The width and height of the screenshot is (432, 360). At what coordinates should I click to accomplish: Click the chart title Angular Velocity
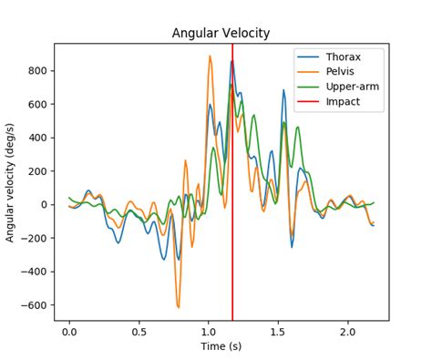point(221,34)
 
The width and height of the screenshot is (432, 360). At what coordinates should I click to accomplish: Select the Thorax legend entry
point(344,56)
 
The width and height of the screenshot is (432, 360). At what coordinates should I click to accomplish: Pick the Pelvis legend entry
point(342,71)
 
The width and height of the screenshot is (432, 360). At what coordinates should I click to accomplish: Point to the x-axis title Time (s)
point(221,346)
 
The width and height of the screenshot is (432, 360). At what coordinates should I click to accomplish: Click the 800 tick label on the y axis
point(37,71)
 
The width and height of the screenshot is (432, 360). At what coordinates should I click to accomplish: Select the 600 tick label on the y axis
point(37,105)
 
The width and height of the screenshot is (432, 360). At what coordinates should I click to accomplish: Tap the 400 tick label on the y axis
point(37,139)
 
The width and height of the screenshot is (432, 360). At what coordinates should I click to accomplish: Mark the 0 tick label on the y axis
point(43,205)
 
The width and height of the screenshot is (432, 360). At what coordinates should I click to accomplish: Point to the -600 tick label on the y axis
point(34,305)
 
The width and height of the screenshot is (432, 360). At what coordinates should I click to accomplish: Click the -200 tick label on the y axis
point(34,239)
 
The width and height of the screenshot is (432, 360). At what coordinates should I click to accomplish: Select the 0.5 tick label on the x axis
point(139,333)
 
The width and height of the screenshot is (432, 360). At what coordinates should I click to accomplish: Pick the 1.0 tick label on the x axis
point(209,333)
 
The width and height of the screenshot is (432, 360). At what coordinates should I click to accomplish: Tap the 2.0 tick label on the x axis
point(347,333)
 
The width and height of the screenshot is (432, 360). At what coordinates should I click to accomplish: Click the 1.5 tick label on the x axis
point(278,333)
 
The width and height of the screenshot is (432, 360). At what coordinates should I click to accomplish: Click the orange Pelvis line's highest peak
point(210,57)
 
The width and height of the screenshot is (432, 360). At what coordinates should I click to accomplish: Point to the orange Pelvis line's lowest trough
point(178,307)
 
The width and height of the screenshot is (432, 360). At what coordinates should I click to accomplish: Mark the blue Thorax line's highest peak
point(231,62)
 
